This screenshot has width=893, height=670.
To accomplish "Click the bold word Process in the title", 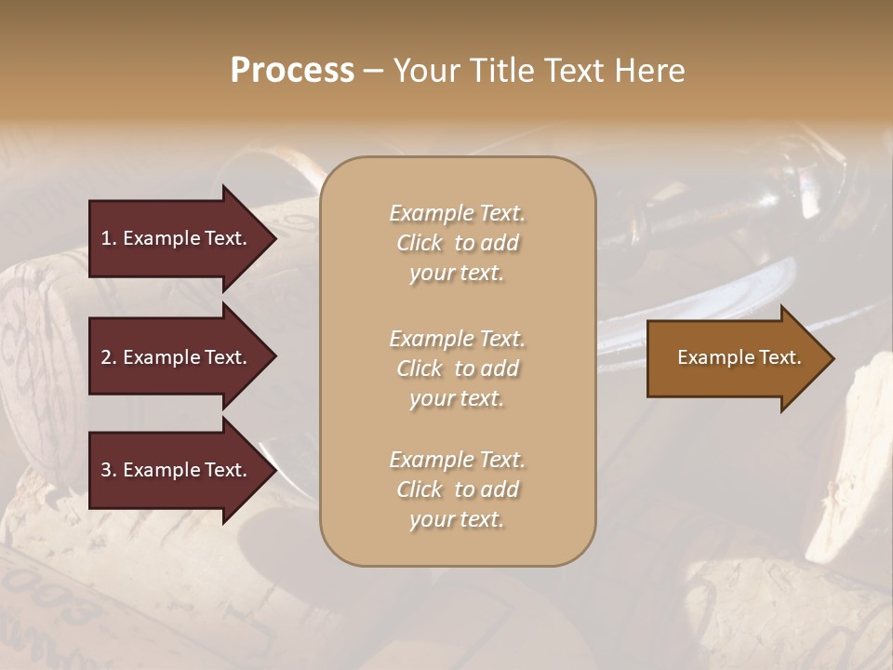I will [292, 71].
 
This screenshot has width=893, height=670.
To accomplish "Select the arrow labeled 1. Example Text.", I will [177, 238].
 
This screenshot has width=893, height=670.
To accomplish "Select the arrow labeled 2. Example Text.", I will [177, 357].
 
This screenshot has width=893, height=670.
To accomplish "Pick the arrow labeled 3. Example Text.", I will [177, 470].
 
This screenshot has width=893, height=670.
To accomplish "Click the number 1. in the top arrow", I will [108, 238].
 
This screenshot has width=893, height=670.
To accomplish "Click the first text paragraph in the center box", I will [457, 243].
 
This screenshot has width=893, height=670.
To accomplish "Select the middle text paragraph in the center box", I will [457, 368].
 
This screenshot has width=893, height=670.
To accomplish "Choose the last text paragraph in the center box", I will [457, 489].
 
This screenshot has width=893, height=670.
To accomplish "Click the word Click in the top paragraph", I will [419, 243].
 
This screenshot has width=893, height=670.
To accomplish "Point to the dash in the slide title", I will [373, 72].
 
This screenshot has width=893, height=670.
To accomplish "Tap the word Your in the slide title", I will [424, 71].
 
